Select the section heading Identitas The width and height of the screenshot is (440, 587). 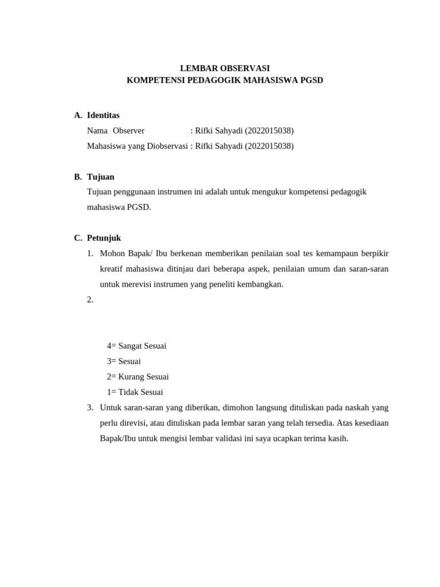click(x=103, y=115)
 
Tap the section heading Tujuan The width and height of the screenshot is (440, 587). click(x=101, y=177)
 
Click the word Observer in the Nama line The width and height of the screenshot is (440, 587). click(x=128, y=131)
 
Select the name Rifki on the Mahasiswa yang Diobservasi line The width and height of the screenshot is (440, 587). click(x=205, y=146)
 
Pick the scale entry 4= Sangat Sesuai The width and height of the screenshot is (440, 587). click(x=136, y=346)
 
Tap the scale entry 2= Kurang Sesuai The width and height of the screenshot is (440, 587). click(x=137, y=377)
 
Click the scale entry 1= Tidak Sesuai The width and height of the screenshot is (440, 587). click(x=135, y=392)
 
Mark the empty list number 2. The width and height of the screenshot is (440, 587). click(x=90, y=300)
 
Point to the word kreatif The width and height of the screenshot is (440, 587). click(x=112, y=269)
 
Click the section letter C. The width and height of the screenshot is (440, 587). click(x=77, y=238)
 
